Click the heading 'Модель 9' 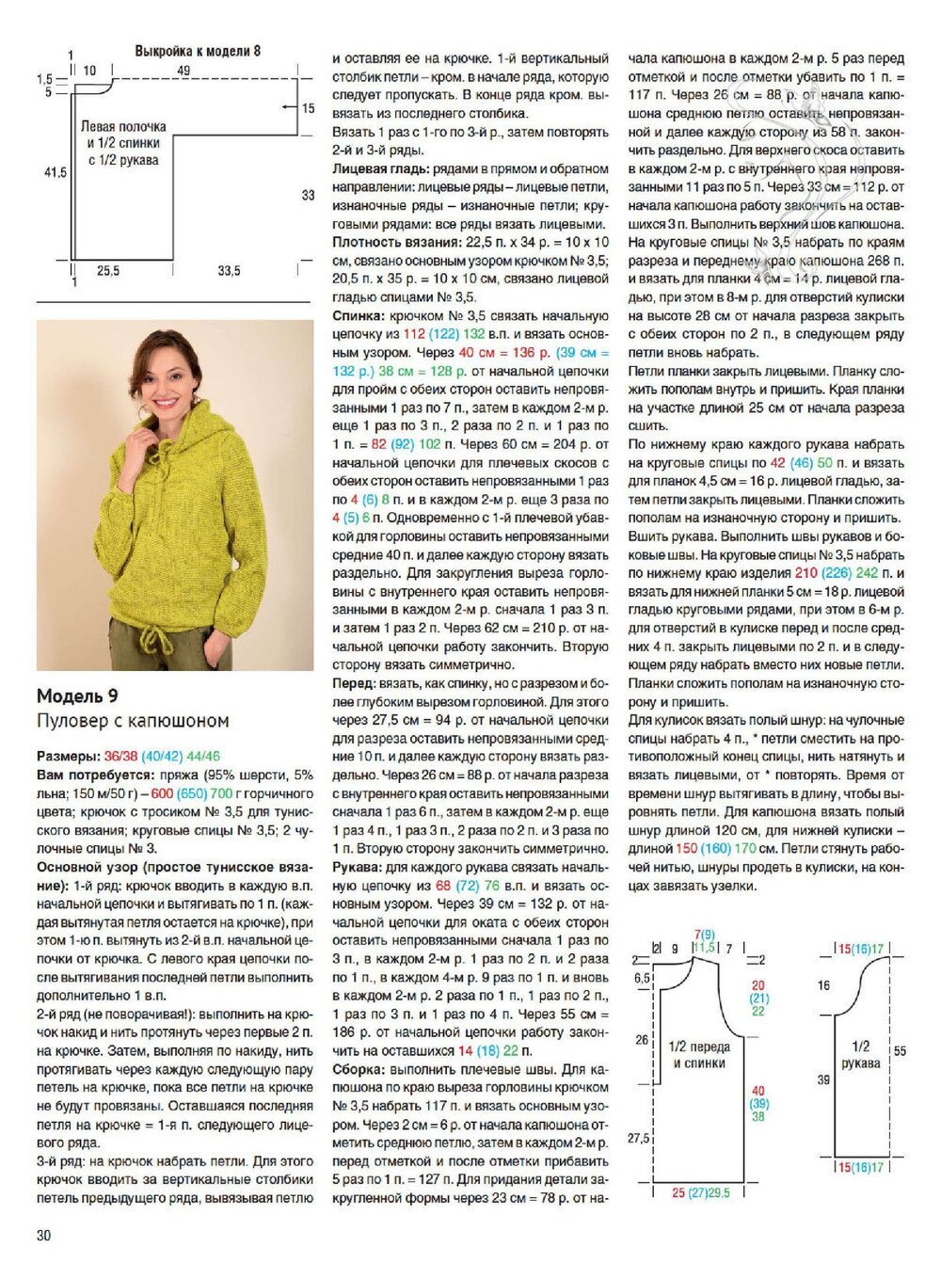pos(77,696)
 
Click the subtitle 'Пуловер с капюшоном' pos(133,721)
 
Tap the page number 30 pos(43,1235)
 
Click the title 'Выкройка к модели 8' pos(198,51)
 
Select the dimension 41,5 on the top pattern pos(56,172)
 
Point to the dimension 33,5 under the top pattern pos(229,271)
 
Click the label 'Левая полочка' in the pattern pos(123,126)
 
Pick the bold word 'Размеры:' pos(68,756)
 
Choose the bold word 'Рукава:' pos(358,867)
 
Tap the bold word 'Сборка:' pos(358,1069)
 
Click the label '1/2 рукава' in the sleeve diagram pos(860,1054)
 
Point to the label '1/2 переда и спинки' pos(698,1054)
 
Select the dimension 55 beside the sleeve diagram pos(900,1051)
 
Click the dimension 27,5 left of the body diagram pos(639,1138)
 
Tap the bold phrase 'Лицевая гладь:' pos(380,169)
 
